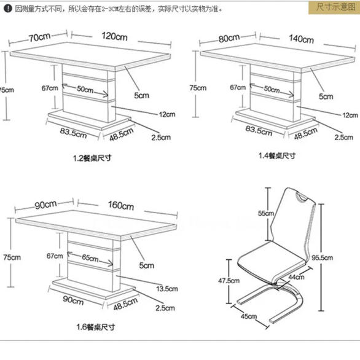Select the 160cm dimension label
click(120, 206)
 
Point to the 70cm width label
click(39, 36)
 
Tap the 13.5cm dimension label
click(167, 289)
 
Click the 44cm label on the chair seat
click(296, 278)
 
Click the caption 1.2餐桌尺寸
click(92, 158)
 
